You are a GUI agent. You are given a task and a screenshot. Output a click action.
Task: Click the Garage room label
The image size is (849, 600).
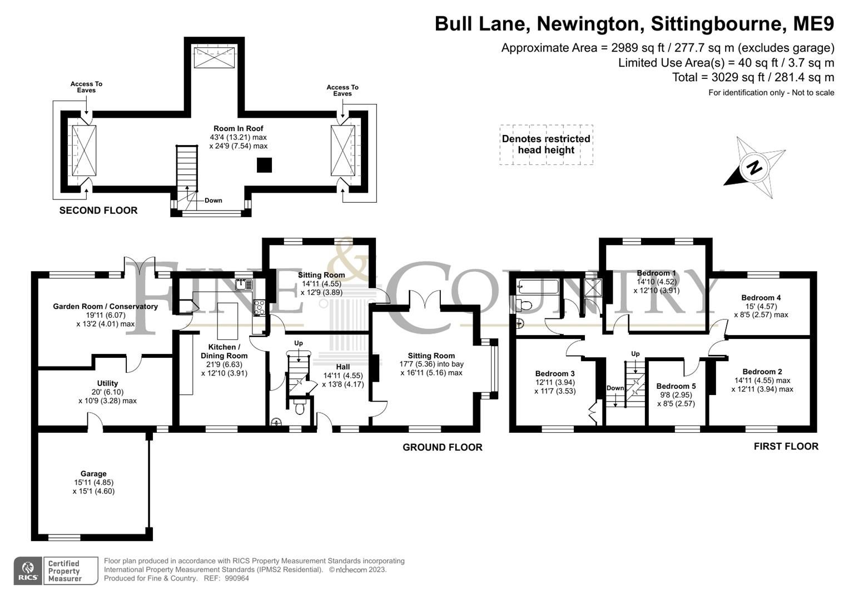pos(93,474)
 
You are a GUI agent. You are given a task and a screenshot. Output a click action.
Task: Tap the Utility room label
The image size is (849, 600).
pos(107,383)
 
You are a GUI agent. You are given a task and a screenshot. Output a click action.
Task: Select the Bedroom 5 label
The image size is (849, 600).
pos(676,386)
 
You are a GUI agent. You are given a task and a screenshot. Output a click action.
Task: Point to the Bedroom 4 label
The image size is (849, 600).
pos(761,298)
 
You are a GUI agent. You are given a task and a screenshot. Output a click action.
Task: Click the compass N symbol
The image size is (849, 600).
pos(753,167)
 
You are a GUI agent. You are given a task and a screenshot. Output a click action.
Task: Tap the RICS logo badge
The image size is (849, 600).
pos(27,571)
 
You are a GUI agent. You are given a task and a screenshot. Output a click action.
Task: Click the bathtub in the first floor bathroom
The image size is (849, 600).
pos(538,287)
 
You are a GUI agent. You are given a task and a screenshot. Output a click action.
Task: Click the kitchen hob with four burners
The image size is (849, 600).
pos(260,308)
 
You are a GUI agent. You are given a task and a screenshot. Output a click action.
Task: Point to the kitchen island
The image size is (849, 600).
pos(227,321)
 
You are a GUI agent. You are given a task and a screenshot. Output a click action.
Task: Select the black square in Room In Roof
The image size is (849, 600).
pos(264,165)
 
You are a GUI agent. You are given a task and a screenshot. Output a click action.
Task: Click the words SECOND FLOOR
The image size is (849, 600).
pos(98,211)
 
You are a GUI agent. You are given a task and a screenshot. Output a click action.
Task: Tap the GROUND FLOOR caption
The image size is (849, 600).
pos(442,447)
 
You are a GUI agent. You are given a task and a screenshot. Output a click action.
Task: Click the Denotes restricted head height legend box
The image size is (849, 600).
pos(546,144)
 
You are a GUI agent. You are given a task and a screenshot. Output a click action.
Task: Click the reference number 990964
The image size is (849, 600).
pos(238,578)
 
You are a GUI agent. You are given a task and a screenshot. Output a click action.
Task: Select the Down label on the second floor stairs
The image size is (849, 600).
pos(213,201)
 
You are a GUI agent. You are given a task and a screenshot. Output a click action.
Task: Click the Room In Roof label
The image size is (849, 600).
pos(239,128)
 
